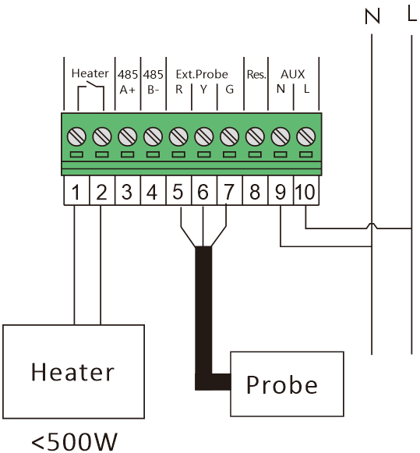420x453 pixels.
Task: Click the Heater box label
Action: point(72,372)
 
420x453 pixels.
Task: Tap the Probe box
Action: point(287,384)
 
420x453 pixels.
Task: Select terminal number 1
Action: point(76,192)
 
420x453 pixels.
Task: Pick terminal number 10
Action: point(305,192)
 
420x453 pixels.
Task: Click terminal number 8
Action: point(254,192)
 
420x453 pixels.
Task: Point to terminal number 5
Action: point(178,192)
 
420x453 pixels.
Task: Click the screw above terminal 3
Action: point(127,136)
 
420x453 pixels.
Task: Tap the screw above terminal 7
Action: point(229,136)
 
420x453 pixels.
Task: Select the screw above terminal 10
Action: point(306,136)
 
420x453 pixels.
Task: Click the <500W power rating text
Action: point(74,442)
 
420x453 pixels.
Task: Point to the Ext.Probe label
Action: point(202,75)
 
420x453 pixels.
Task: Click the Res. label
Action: point(256,75)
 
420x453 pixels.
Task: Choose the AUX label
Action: point(293,74)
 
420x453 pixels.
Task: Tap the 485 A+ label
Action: point(127,82)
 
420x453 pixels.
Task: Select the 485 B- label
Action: point(153,82)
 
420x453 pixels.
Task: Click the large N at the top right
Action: point(372,16)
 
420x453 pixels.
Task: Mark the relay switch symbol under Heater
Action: point(90,94)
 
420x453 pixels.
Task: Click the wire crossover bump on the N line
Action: point(372,226)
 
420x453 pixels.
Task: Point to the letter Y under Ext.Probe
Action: point(204,90)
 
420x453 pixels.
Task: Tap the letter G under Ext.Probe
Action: point(230,90)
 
